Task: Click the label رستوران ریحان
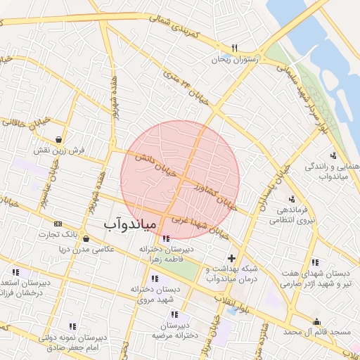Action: pos(236,60)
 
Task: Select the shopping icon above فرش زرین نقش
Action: pos(65,139)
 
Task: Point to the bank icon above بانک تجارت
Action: pos(58,222)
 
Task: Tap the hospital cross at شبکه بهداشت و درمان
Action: pos(231,258)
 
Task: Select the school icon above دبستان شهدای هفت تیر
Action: pos(314,262)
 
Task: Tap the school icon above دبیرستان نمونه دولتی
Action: pos(72,326)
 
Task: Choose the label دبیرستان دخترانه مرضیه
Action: pos(174,330)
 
